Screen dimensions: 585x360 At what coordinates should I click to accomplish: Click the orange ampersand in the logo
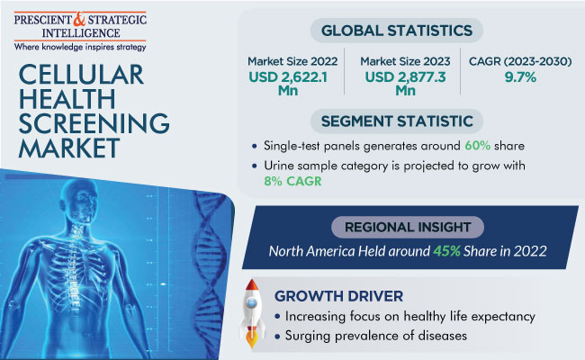pos(79,20)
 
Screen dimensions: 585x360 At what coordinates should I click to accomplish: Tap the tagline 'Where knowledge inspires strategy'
pos(80,47)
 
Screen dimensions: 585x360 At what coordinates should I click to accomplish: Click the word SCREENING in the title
pos(94,123)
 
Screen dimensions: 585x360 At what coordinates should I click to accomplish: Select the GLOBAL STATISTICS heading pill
pos(397,31)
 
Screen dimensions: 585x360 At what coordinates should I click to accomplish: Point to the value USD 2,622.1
pos(288,77)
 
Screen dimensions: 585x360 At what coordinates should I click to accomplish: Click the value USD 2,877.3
pos(405,77)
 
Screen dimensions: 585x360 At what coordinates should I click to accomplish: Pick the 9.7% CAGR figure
pos(520,77)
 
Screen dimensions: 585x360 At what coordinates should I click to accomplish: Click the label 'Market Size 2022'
pos(292,61)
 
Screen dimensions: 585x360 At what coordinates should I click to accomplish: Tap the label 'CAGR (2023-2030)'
pos(520,61)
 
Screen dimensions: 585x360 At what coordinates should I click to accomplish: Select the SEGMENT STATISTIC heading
pos(397,121)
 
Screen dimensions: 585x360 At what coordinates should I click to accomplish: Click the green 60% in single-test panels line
pos(478,146)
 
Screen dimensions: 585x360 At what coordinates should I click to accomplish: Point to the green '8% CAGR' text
pos(292,181)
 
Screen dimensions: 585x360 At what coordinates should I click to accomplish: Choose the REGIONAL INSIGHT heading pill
pos(408,227)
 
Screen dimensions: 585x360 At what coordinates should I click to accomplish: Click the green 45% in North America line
pos(446,251)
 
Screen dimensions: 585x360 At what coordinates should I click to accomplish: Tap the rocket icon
pos(252,313)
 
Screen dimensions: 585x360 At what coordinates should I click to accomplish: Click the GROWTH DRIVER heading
pos(338,296)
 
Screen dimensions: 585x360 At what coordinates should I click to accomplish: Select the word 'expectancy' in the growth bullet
pos(503,317)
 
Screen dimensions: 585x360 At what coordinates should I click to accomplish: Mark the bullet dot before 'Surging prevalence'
pos(277,337)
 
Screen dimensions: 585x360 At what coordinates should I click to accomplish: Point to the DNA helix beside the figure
pos(211,268)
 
